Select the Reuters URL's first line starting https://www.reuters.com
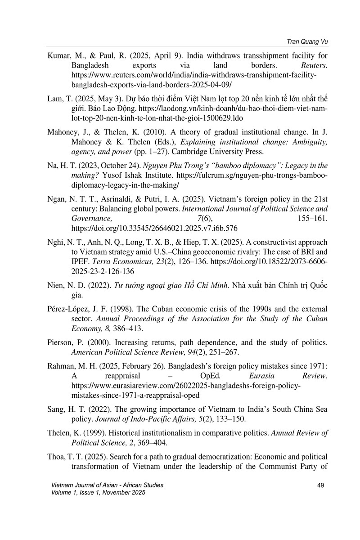(x=198, y=75)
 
